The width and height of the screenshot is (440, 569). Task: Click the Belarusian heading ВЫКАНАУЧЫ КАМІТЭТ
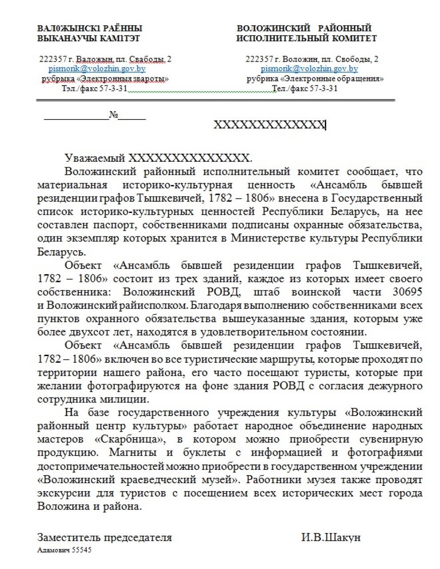pos(89,39)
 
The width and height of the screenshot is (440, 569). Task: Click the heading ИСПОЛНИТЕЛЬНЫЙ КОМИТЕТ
pos(307,39)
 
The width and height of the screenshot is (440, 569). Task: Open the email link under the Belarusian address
pos(97,69)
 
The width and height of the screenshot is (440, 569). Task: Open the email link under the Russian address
pos(309,69)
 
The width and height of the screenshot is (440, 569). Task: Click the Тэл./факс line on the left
pos(94,88)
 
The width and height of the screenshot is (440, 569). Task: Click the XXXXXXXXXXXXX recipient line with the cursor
pos(270,125)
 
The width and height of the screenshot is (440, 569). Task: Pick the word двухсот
pos(83,332)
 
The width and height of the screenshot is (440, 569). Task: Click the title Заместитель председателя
pos(105,537)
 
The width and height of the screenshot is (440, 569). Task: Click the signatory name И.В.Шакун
pos(331,537)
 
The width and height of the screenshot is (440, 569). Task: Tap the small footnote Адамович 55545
pos(64,550)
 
